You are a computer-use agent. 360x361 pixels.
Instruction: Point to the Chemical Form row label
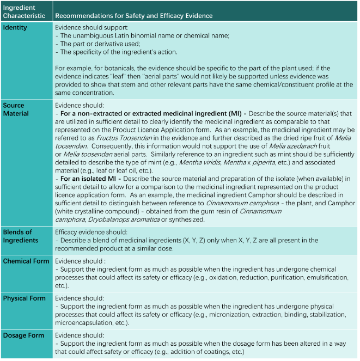26,261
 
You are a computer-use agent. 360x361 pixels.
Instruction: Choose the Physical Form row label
25,299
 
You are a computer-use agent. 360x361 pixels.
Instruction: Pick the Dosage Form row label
23,336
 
